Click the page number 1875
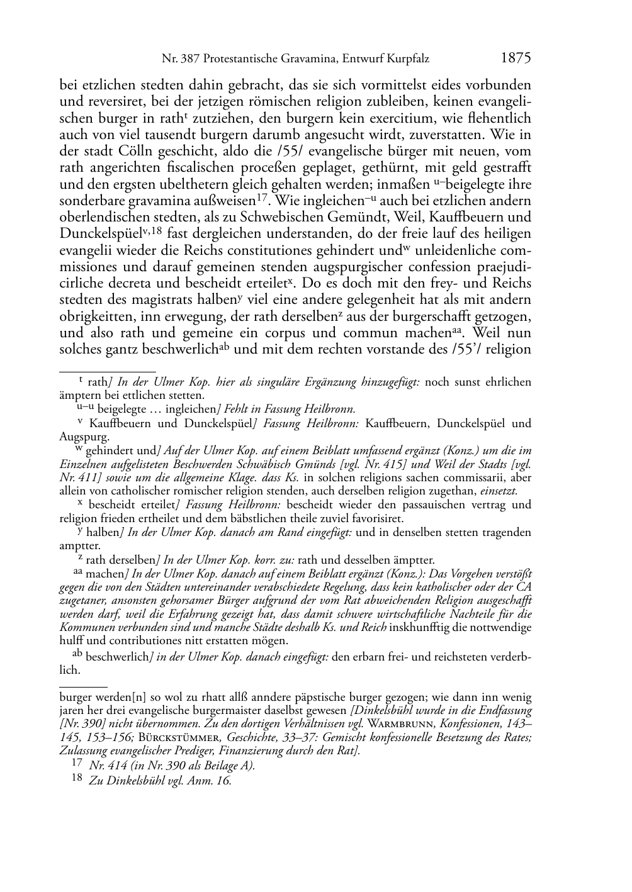point(516,58)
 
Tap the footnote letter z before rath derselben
point(80,559)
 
